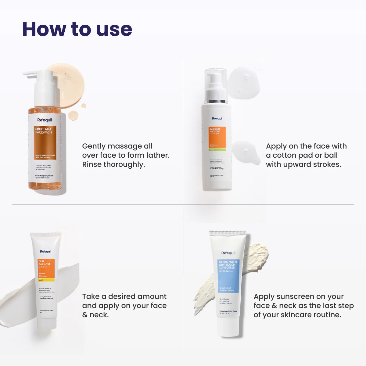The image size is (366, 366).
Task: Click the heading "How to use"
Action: [x=77, y=29]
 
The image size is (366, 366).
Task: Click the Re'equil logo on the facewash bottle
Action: [x=45, y=120]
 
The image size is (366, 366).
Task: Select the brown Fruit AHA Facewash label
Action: [x=45, y=143]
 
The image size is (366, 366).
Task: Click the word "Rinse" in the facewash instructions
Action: [x=92, y=164]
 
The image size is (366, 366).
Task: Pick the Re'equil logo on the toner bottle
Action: [x=217, y=118]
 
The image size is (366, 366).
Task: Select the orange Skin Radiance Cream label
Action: [x=46, y=270]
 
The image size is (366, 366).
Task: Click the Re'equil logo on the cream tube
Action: [x=46, y=251]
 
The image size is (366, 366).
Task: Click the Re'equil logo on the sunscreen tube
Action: [x=228, y=253]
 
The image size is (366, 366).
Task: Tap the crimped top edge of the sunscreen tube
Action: [x=228, y=233]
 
